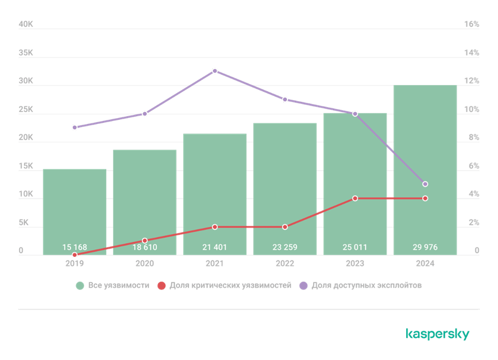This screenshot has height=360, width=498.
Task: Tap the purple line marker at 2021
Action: [215, 71]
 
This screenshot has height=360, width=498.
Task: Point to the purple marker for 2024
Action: [425, 184]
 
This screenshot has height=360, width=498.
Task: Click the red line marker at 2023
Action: [355, 198]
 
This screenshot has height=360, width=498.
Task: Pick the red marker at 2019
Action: [75, 255]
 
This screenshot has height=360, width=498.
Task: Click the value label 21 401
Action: [215, 247]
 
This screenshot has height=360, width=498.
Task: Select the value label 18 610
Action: [144, 247]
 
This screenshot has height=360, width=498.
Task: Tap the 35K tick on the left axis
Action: [26, 52]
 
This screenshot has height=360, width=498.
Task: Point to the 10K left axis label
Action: [26, 194]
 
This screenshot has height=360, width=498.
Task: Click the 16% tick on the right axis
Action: [472, 24]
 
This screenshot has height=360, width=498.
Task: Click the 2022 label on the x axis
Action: [284, 263]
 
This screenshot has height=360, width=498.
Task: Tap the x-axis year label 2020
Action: [144, 263]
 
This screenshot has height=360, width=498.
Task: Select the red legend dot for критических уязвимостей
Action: [160, 286]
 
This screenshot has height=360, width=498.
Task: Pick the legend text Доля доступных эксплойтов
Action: [366, 286]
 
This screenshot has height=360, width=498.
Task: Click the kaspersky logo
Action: [437, 334]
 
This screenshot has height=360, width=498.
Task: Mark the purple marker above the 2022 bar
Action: [284, 100]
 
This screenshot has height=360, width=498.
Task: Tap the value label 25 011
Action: [355, 247]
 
